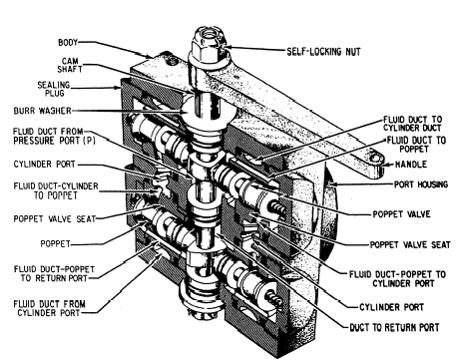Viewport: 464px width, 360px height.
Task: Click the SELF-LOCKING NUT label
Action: tap(323, 52)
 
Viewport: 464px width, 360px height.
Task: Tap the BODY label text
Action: tap(68, 43)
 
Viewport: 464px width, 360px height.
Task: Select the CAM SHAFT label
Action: tap(70, 65)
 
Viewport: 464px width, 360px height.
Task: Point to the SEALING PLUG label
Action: tap(54, 89)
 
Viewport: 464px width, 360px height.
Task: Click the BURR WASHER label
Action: tap(42, 111)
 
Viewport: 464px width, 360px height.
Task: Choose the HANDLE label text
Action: tap(411, 165)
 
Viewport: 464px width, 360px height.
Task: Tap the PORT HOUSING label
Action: tap(421, 184)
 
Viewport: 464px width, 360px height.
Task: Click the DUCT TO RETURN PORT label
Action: tap(394, 327)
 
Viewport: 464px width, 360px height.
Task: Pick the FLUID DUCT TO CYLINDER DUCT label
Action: tap(412, 124)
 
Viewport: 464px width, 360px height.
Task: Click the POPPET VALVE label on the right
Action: tap(401, 214)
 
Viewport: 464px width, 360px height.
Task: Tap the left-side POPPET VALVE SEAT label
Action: tap(55, 218)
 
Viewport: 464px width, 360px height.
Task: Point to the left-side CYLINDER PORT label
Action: tap(45, 165)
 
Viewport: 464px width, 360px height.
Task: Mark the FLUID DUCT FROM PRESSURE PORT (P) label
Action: tap(54, 136)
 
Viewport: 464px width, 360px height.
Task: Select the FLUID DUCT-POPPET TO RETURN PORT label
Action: tap(54, 273)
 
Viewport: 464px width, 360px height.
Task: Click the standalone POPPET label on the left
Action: tap(55, 243)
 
